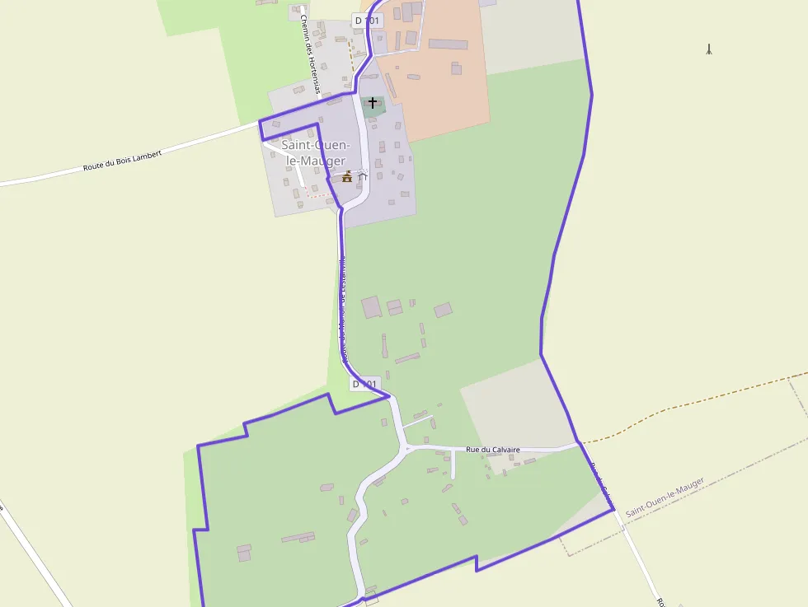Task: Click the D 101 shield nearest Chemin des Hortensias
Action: (x=368, y=20)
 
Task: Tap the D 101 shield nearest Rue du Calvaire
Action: (x=365, y=384)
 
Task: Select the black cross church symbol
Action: (x=373, y=103)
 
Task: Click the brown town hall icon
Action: (x=347, y=176)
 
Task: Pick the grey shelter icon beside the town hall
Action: (x=361, y=175)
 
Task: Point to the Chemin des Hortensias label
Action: (x=310, y=54)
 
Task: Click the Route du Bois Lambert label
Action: (x=122, y=161)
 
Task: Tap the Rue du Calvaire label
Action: (x=492, y=449)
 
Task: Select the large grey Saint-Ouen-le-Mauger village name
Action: (x=313, y=153)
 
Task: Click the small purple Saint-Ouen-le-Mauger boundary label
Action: (x=665, y=497)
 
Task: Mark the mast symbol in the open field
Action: (x=709, y=49)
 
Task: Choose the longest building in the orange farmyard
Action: (x=448, y=44)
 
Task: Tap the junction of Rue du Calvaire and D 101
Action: (x=406, y=448)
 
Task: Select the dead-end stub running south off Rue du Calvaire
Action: (x=453, y=465)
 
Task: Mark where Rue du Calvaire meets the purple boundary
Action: (x=578, y=443)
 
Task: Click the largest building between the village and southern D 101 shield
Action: (x=371, y=306)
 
